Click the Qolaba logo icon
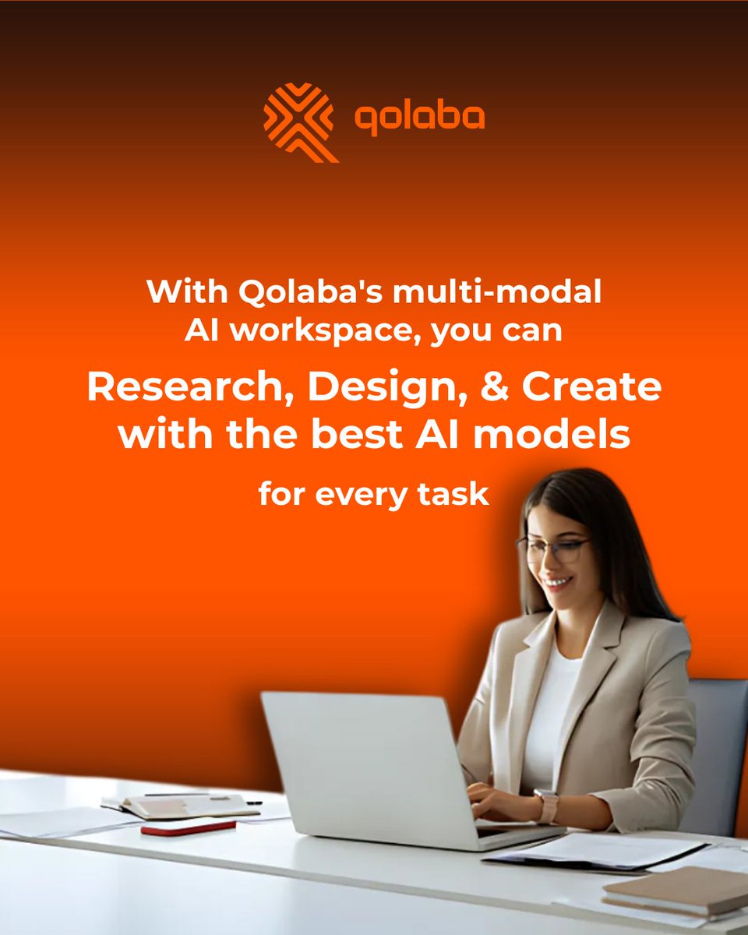(x=300, y=121)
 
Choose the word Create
(x=592, y=388)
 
